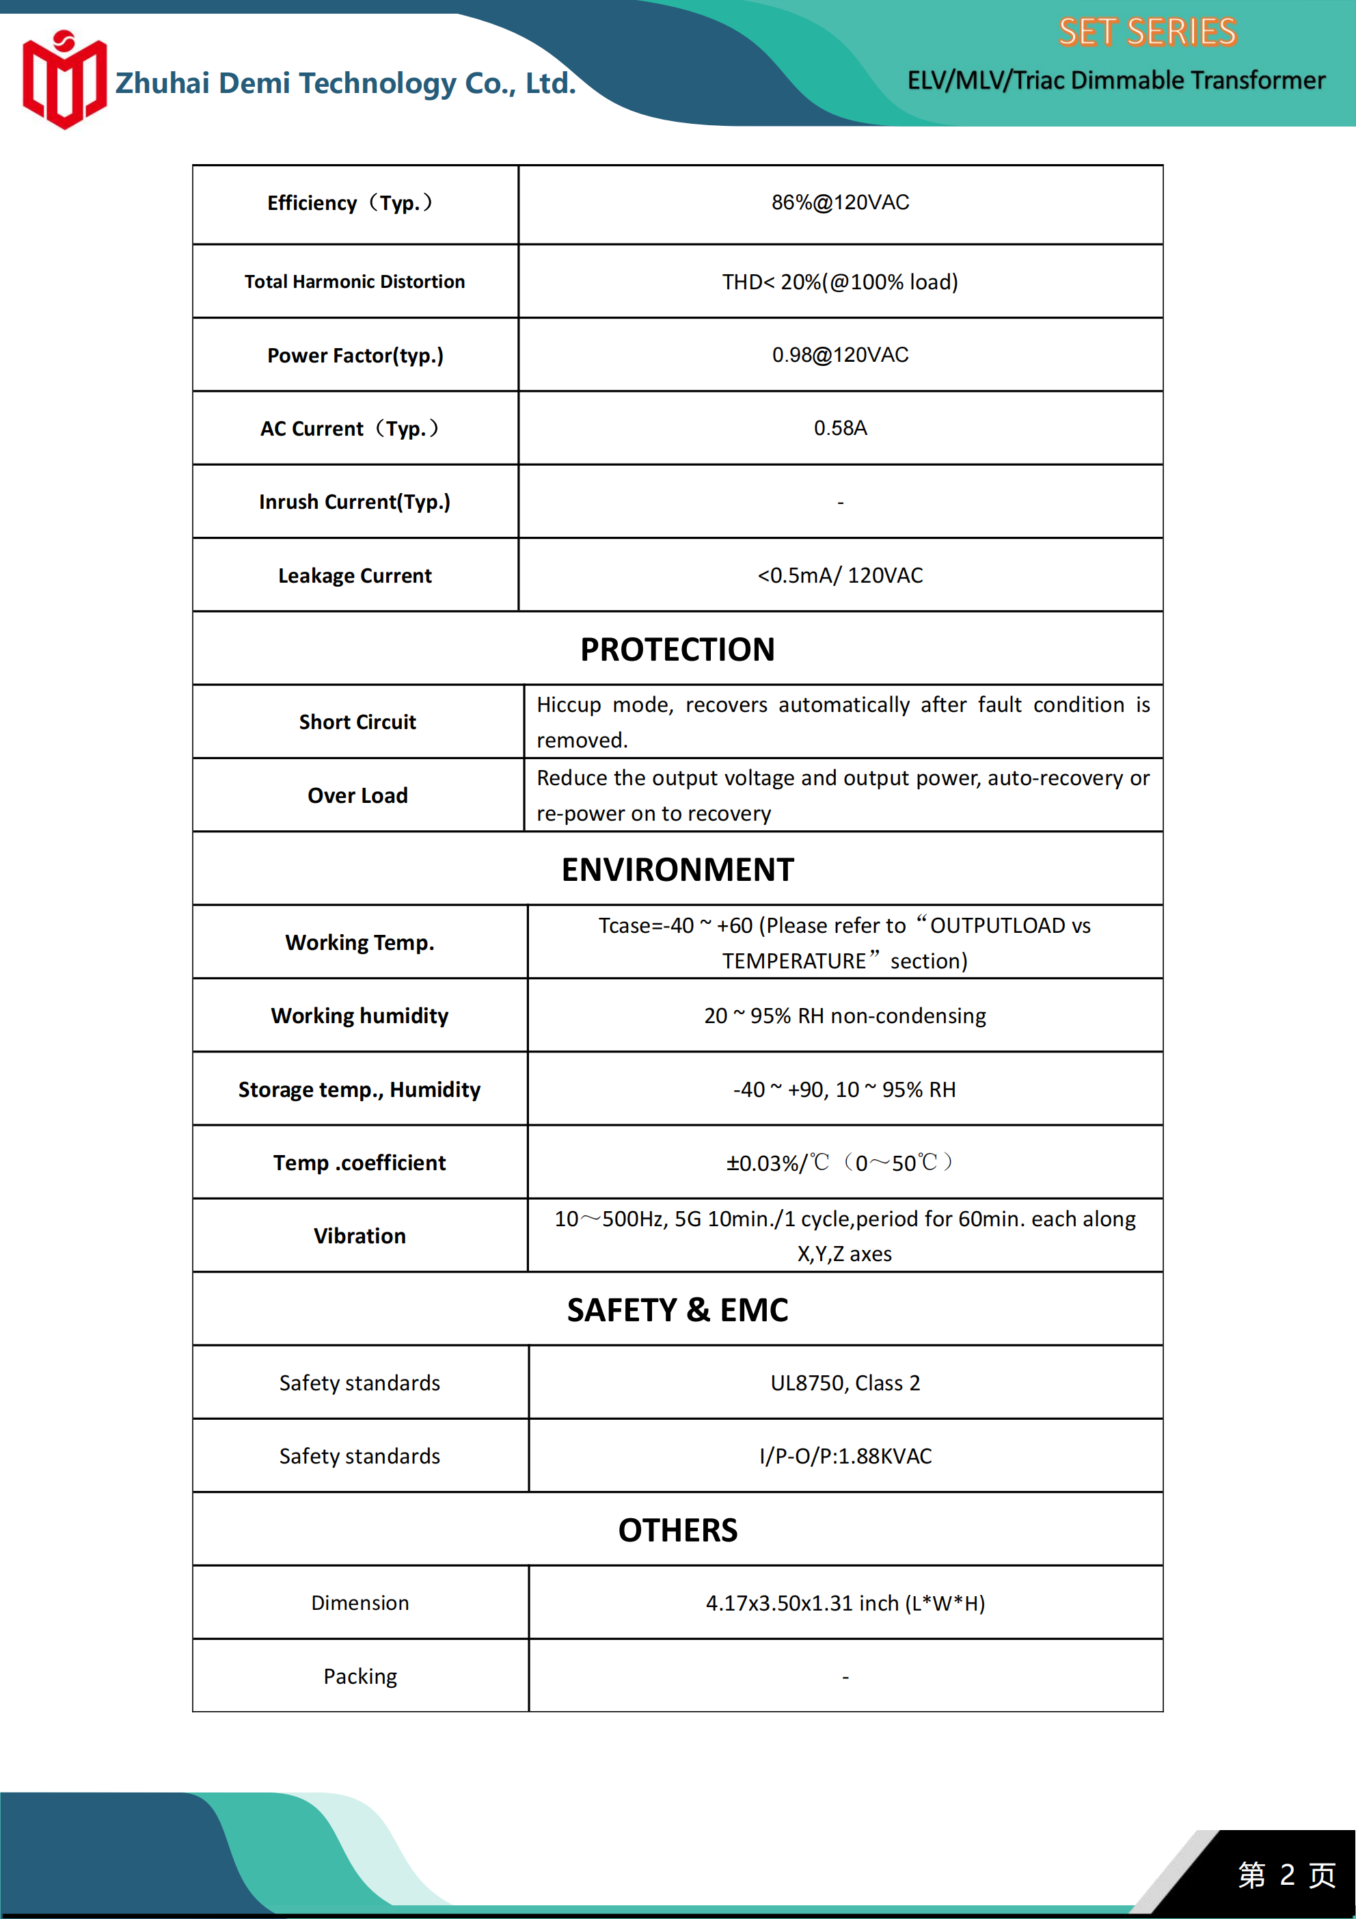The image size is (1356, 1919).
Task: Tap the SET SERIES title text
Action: pyautogui.click(x=1146, y=33)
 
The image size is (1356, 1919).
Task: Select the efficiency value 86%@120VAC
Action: pyautogui.click(x=840, y=203)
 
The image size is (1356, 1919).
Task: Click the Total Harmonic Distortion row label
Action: pyautogui.click(x=354, y=282)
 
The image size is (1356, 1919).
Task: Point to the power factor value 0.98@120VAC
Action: pyautogui.click(x=840, y=355)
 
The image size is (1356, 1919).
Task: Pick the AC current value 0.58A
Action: pyautogui.click(x=840, y=428)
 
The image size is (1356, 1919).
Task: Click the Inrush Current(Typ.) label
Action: pyautogui.click(x=354, y=501)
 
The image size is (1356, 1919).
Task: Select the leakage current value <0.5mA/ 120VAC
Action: pyautogui.click(x=840, y=575)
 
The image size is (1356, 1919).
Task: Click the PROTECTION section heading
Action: pyautogui.click(x=677, y=650)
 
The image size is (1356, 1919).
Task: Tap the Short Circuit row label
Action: pyautogui.click(x=357, y=722)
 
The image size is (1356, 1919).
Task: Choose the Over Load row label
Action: pyautogui.click(x=357, y=795)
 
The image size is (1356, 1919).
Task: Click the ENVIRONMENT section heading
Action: pyautogui.click(x=677, y=870)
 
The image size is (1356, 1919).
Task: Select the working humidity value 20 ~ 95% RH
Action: pyautogui.click(x=844, y=1016)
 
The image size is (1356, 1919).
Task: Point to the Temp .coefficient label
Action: pyautogui.click(x=360, y=1163)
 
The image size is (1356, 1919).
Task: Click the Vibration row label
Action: pyautogui.click(x=360, y=1236)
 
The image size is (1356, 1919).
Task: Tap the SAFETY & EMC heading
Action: pyautogui.click(x=677, y=1310)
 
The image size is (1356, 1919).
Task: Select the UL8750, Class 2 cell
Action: pyautogui.click(x=845, y=1384)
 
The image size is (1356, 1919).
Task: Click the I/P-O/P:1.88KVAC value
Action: pyautogui.click(x=845, y=1456)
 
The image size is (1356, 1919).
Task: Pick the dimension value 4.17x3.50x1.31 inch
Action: pyautogui.click(x=845, y=1603)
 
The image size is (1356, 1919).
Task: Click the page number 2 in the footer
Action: pyautogui.click(x=1287, y=1875)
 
